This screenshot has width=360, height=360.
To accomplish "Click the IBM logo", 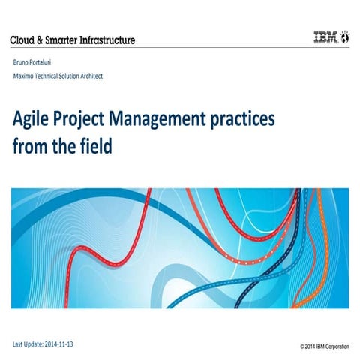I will [x=325, y=37].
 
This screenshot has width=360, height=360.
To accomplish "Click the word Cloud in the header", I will [x=24, y=40].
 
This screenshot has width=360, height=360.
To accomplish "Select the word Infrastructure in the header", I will [x=103, y=40].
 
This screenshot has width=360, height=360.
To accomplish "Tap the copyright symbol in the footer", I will [x=301, y=346].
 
